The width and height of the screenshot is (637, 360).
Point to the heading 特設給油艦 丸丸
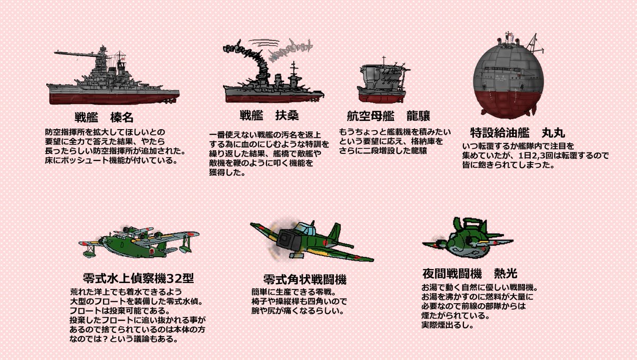512,131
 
